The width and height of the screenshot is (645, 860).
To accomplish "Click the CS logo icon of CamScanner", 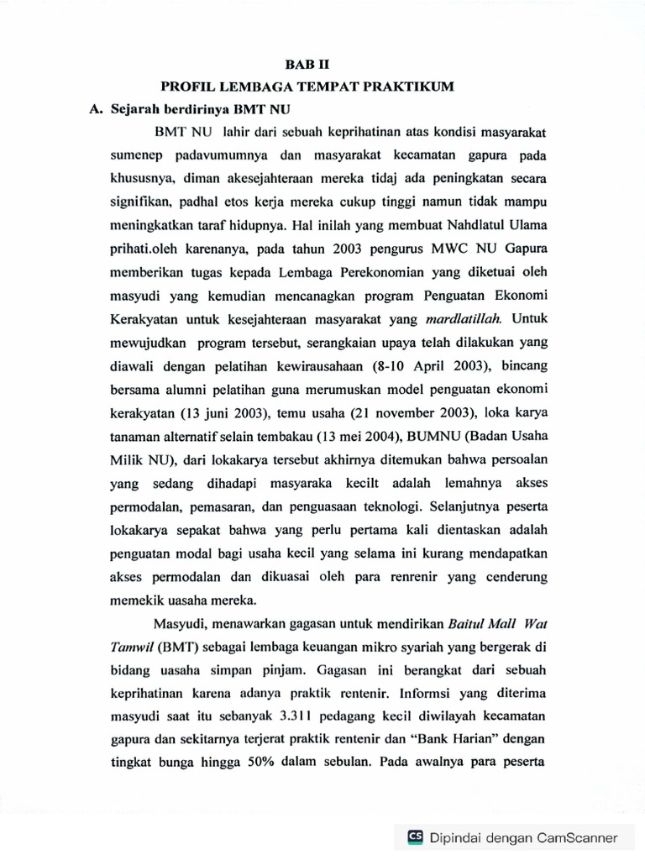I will [415, 836].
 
